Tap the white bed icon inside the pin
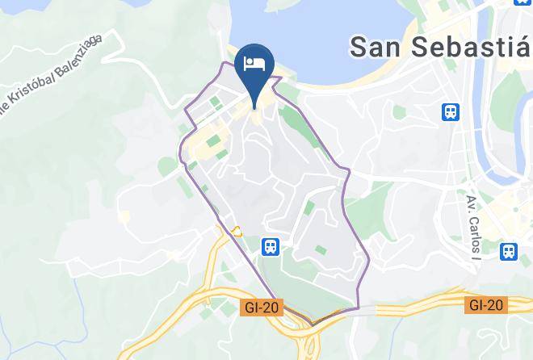point(254,64)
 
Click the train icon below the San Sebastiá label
point(451,111)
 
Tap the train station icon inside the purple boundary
point(270,245)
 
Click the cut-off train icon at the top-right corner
point(523,2)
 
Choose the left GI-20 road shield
point(262,306)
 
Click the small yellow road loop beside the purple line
point(236,231)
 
